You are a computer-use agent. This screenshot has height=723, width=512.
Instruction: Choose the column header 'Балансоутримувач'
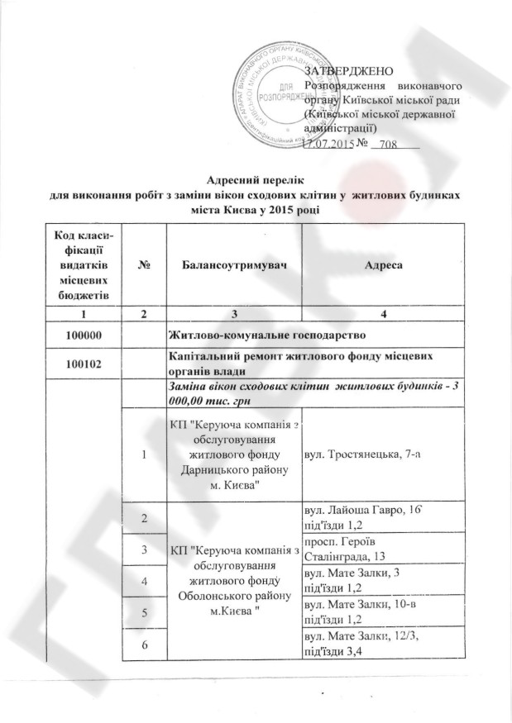[234, 265]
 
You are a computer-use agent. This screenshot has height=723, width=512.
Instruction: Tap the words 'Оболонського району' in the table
[233, 597]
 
